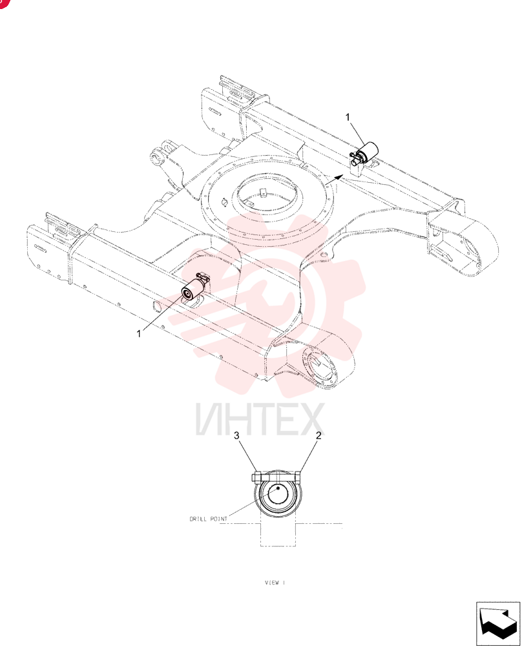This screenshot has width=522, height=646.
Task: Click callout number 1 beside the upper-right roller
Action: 348,118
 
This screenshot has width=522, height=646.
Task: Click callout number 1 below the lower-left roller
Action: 139,334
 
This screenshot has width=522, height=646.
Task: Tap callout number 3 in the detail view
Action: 236,435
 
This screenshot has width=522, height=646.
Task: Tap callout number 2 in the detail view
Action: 318,435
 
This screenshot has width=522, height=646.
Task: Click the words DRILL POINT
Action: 209,519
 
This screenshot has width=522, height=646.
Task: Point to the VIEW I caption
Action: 275,583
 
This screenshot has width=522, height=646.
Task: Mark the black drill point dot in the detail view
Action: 278,488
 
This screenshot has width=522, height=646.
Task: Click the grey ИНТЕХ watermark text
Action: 260,419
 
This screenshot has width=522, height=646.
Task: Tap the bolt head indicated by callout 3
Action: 256,477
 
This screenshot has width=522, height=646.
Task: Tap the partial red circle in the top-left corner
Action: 3,3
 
